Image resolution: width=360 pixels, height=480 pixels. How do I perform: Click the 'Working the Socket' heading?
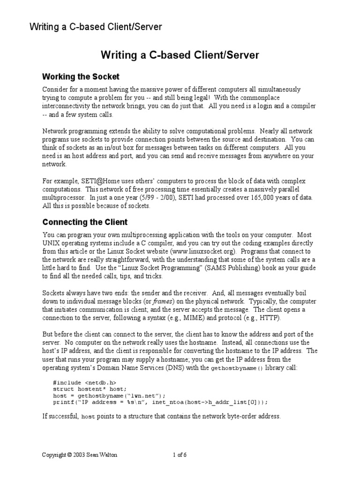(81, 76)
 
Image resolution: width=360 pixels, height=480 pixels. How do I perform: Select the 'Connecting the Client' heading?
(85, 222)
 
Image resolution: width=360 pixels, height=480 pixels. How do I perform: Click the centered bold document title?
(180, 55)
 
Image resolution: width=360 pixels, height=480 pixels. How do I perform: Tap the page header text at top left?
(96, 27)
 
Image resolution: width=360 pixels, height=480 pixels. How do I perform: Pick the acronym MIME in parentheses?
(189, 318)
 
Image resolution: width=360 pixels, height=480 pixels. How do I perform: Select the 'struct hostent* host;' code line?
(90, 390)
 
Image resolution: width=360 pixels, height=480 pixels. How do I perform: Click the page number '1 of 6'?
(180, 455)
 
